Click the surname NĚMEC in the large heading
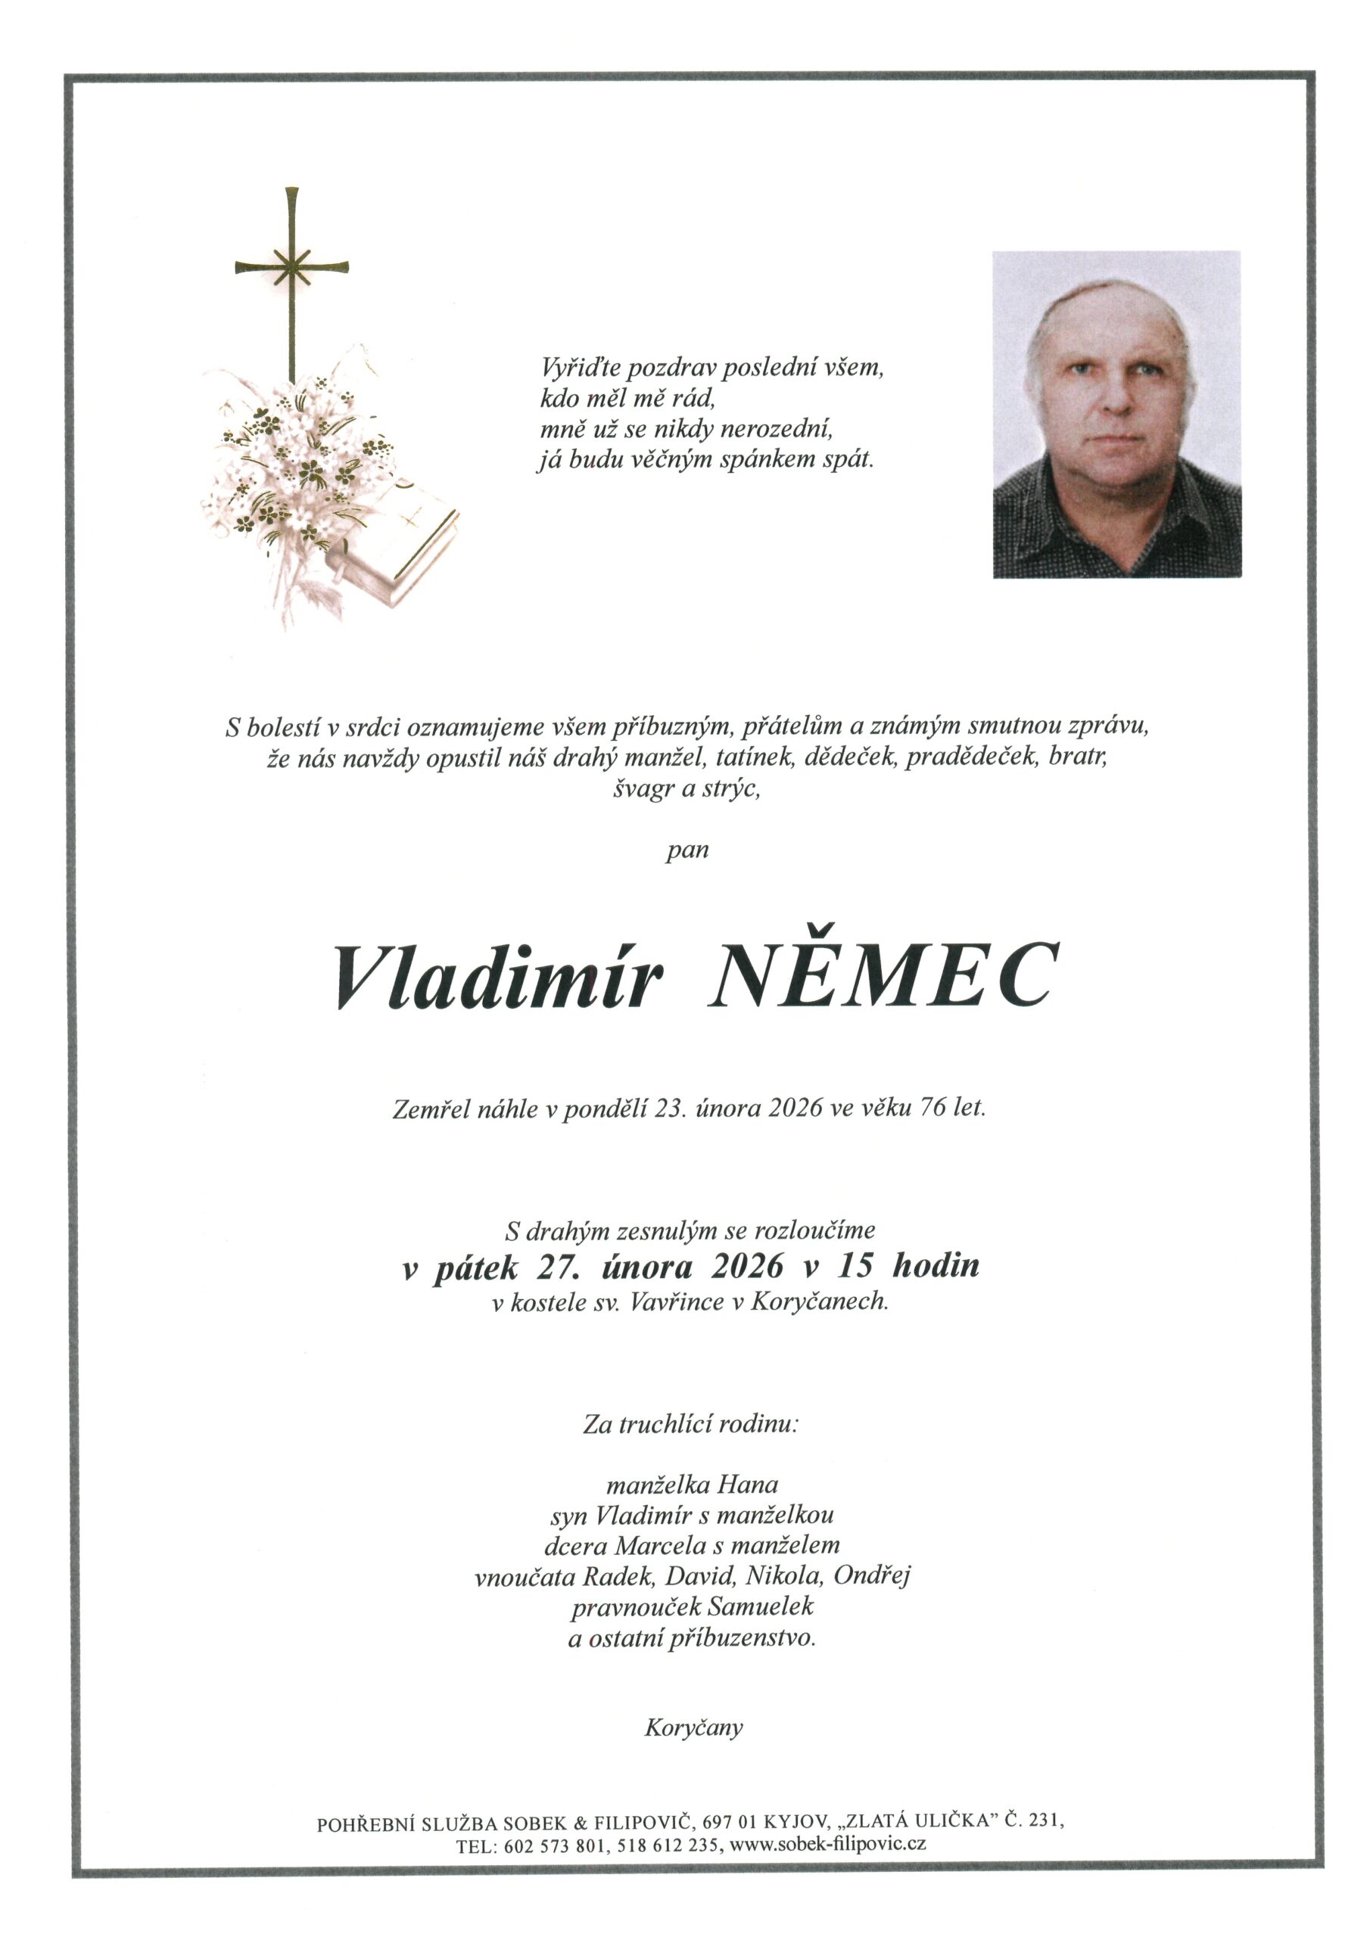[x=882, y=977]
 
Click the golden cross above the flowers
[x=292, y=270]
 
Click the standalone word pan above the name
[x=687, y=850]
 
